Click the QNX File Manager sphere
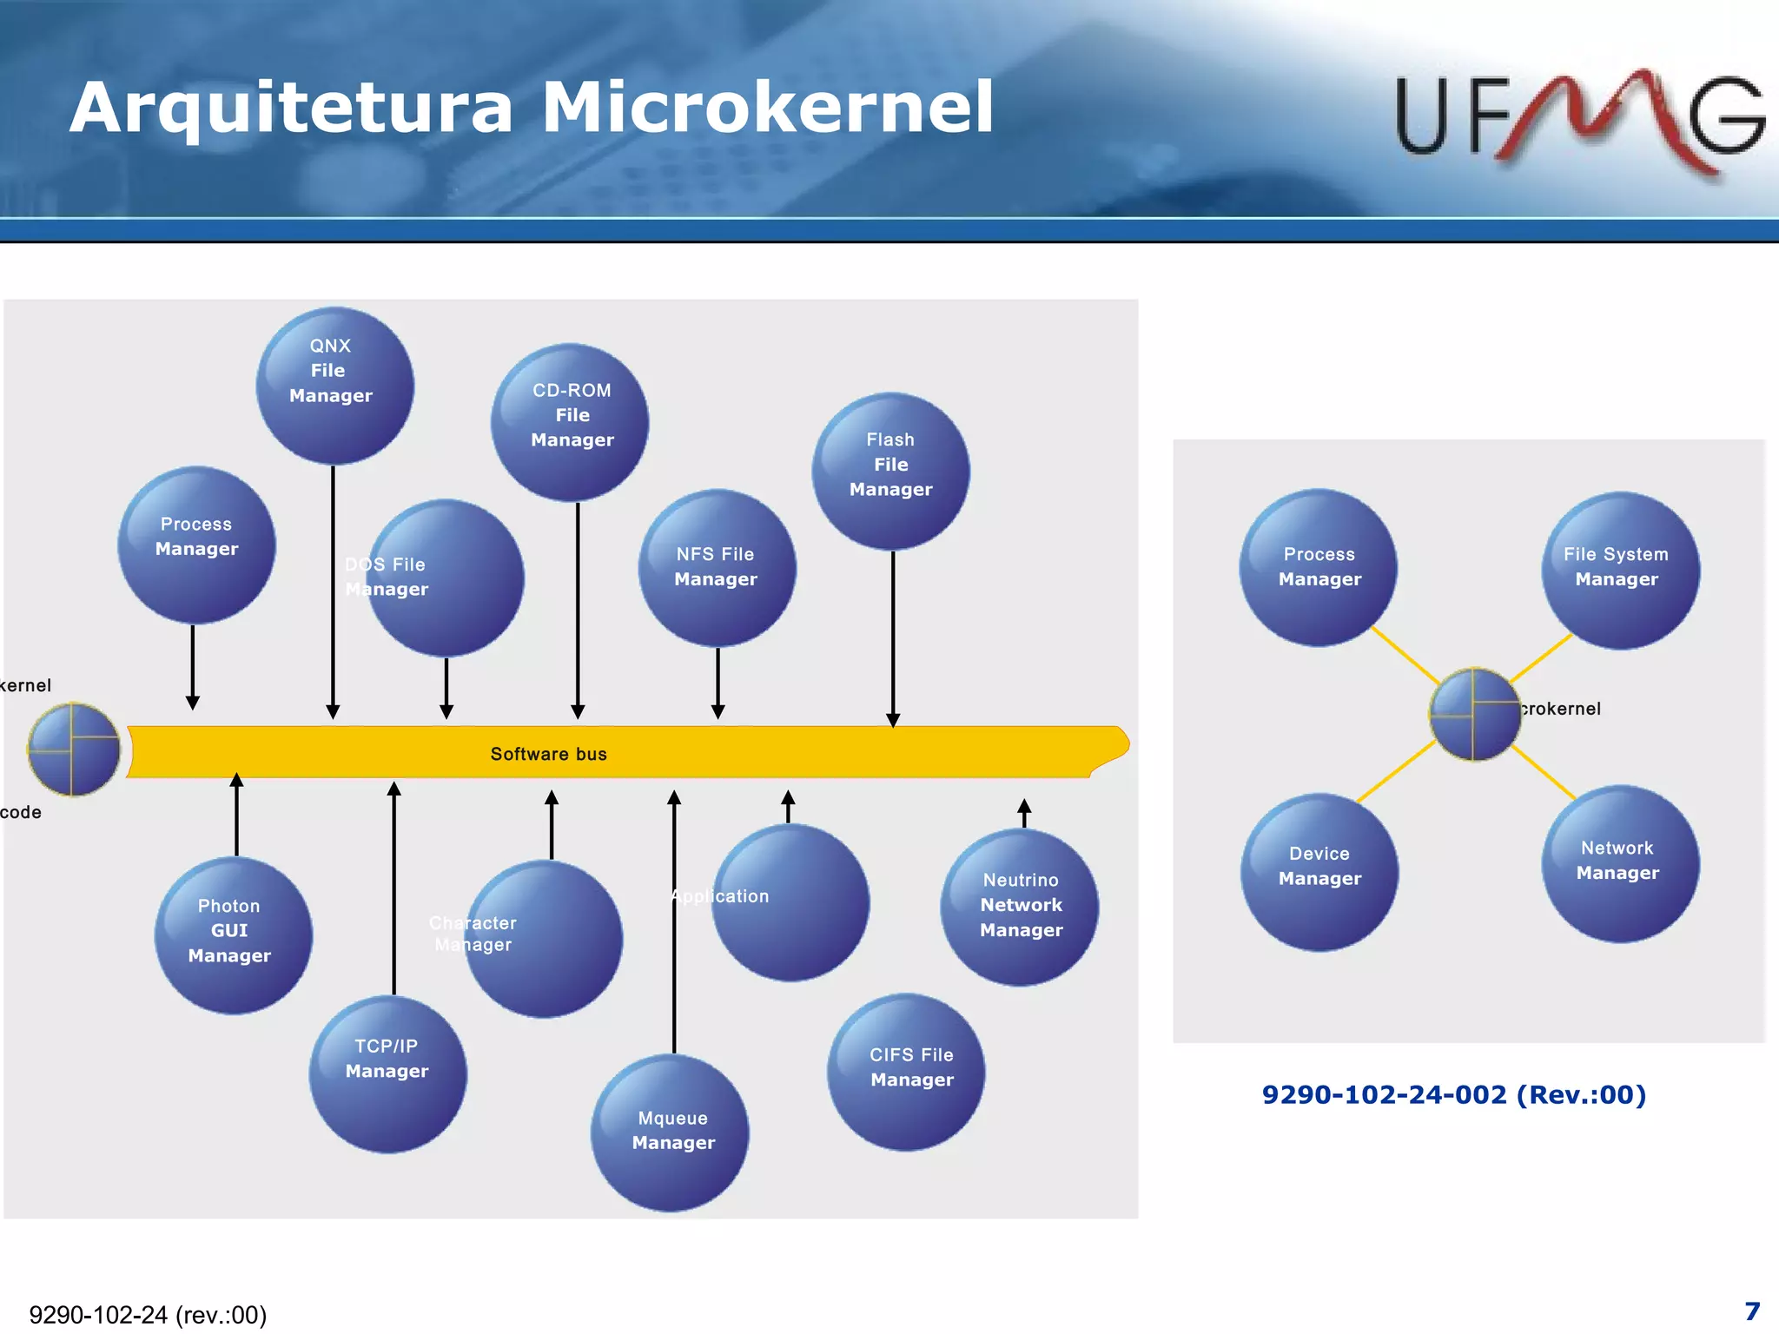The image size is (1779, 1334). [334, 386]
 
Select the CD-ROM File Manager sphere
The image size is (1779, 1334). [570, 422]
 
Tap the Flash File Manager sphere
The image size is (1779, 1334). [890, 471]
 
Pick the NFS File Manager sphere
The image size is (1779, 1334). [717, 568]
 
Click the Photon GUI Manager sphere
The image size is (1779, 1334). [233, 934]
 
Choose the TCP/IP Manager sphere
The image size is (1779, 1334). [387, 1073]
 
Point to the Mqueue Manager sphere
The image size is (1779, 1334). [670, 1133]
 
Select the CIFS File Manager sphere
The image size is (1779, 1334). [906, 1072]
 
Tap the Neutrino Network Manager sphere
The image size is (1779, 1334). [1019, 907]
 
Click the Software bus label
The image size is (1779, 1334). [548, 754]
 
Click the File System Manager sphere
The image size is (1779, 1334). [1620, 570]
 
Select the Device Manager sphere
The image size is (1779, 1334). [1319, 871]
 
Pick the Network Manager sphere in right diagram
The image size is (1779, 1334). [1620, 863]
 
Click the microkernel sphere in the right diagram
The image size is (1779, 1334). [1474, 715]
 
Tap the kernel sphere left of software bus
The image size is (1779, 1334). [74, 750]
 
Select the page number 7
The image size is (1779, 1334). [1752, 1311]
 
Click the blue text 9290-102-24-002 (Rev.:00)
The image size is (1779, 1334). [1453, 1094]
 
